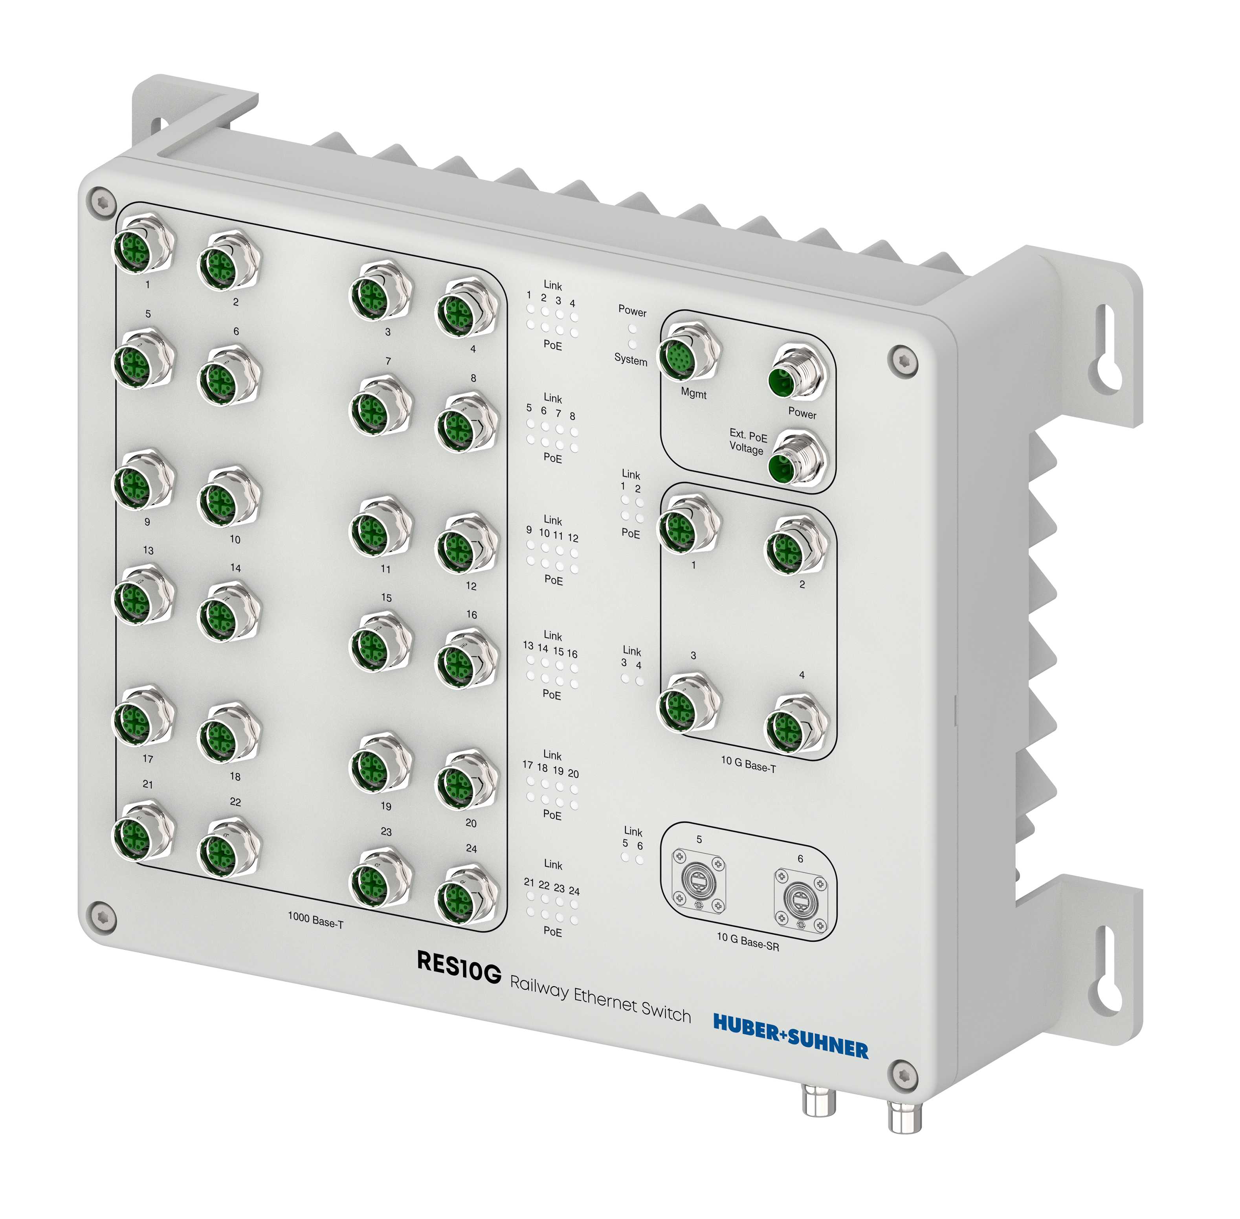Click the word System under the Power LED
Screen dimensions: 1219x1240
630,359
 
